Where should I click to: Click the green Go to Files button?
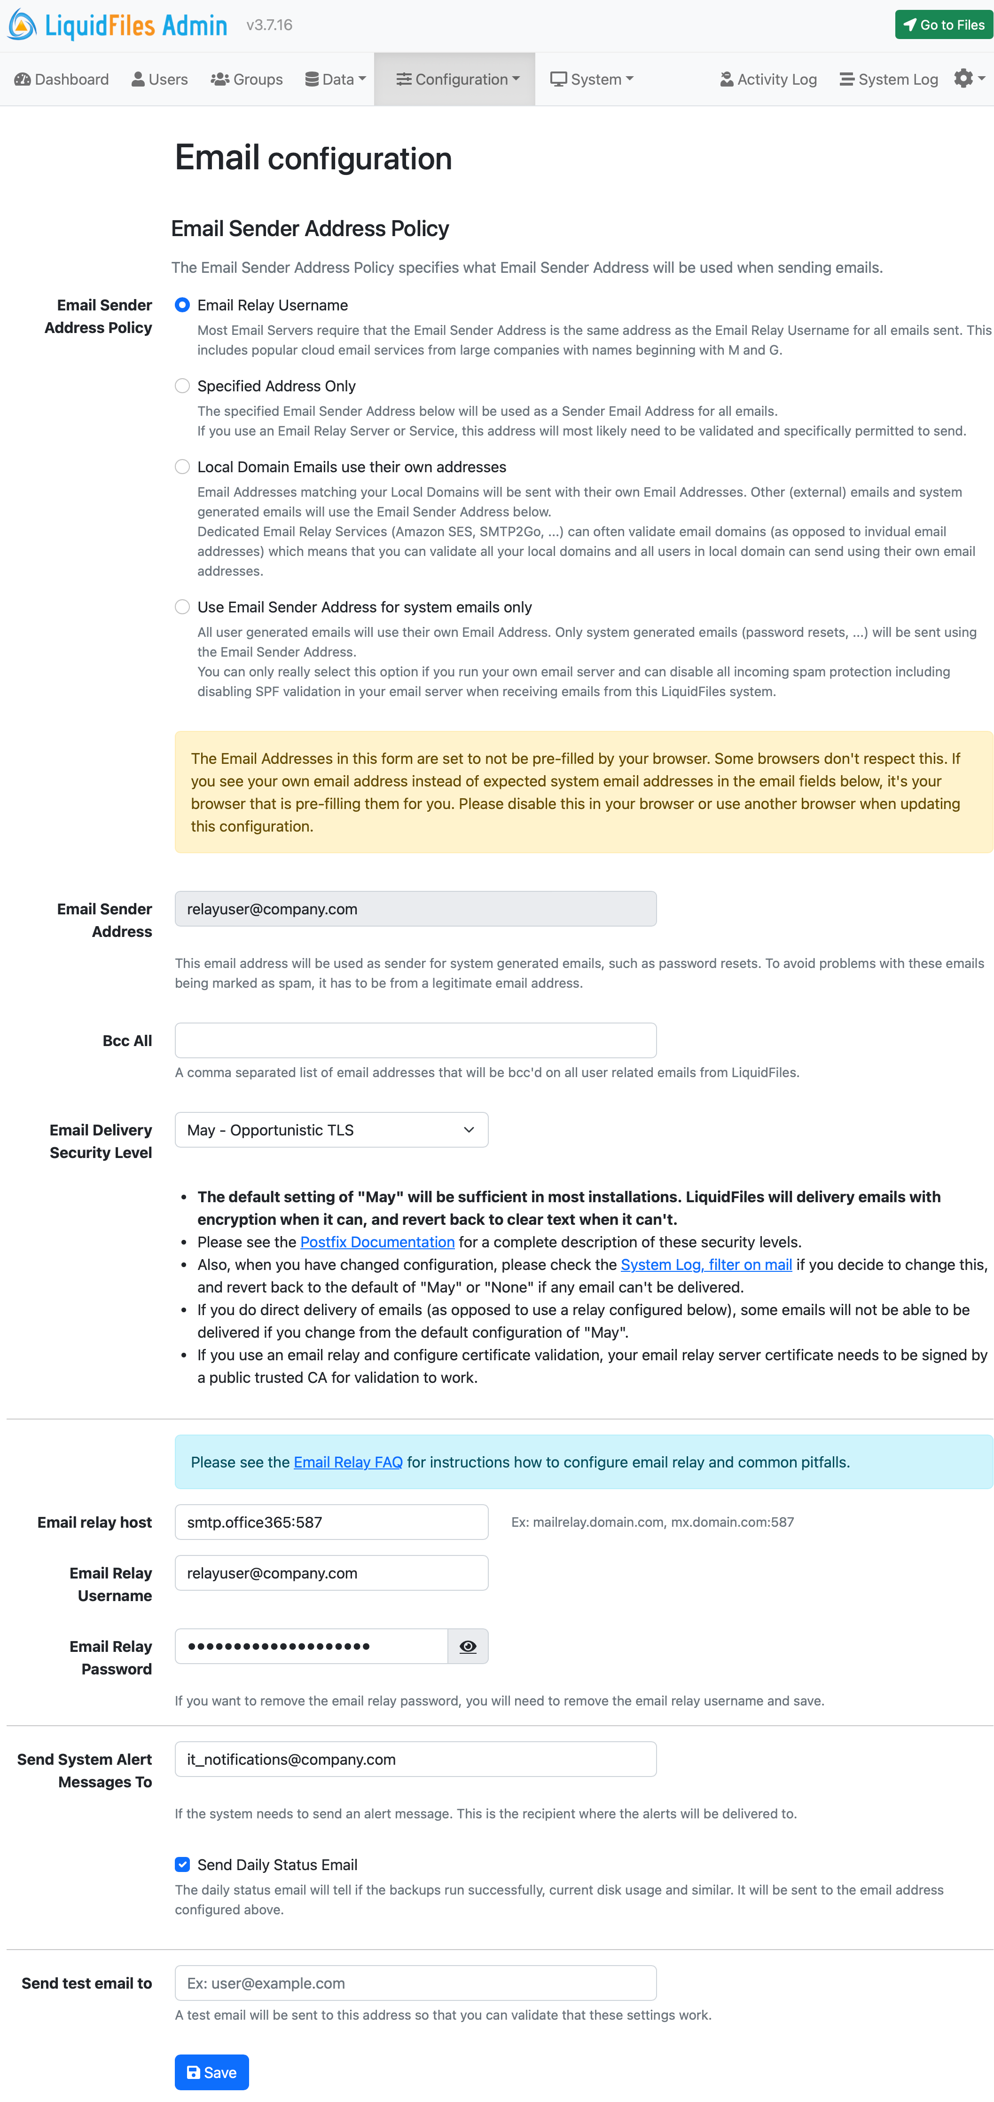(x=943, y=24)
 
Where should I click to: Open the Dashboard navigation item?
(x=62, y=79)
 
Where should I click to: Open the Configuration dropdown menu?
(x=457, y=79)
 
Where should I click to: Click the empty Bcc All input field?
(x=415, y=1040)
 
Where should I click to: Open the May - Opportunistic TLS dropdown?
(x=331, y=1130)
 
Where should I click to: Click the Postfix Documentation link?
(x=377, y=1242)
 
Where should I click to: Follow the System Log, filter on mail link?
(x=706, y=1265)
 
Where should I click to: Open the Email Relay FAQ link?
(x=348, y=1462)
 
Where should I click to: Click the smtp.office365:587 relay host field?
(x=331, y=1523)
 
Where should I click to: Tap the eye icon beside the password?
(x=468, y=1647)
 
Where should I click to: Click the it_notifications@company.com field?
(x=415, y=1759)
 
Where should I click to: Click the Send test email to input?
(x=415, y=1983)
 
